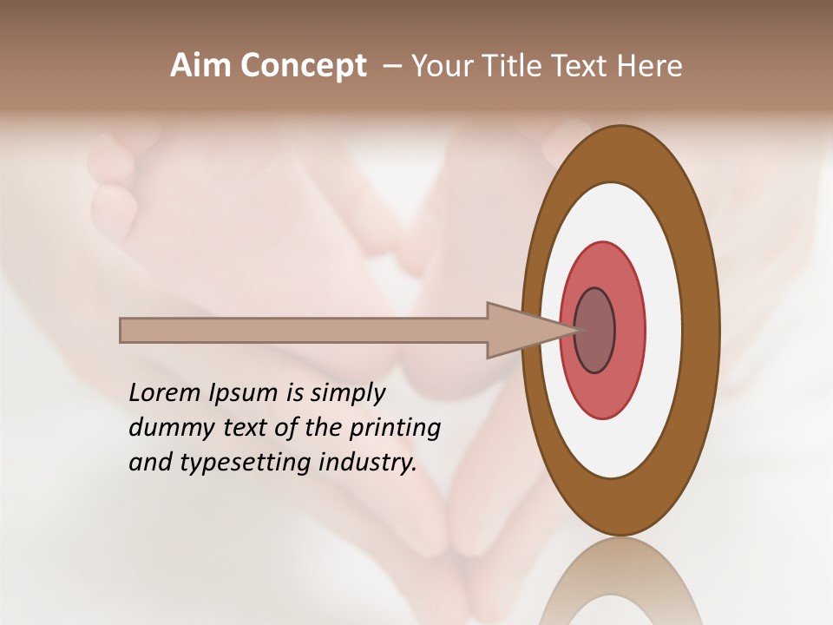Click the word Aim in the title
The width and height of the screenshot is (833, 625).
[x=200, y=66]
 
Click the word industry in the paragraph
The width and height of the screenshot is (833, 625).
[x=364, y=463]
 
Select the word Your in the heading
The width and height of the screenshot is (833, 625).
[x=440, y=66]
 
